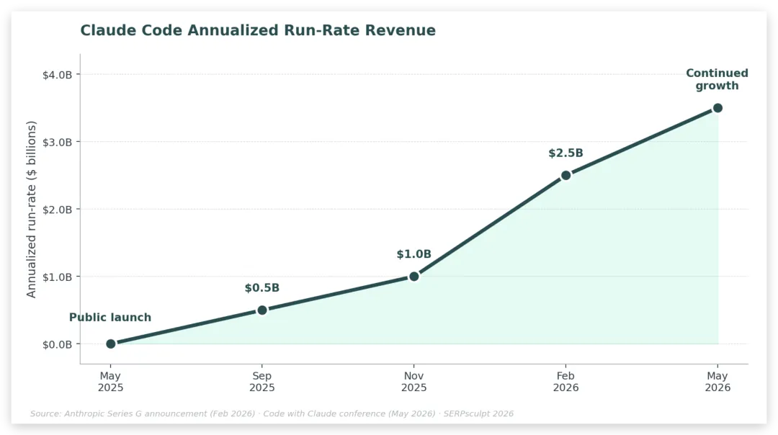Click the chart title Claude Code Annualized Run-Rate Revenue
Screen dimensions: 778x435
[x=258, y=30]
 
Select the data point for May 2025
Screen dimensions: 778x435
[x=111, y=344]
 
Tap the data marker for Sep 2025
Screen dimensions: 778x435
[x=262, y=310]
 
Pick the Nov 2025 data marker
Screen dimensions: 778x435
[x=413, y=277]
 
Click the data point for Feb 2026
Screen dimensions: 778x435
[x=565, y=175]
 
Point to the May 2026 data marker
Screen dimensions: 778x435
[x=717, y=108]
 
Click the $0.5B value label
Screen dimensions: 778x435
[x=262, y=287]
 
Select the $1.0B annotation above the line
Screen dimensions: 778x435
[x=413, y=254]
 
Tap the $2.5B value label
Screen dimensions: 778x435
[x=565, y=153]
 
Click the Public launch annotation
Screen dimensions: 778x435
[x=110, y=318]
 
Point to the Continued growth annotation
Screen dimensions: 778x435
[x=717, y=79]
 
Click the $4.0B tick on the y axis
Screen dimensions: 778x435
[x=57, y=75]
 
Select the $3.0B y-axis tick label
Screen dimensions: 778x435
[x=57, y=143]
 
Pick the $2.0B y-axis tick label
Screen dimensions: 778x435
[x=57, y=210]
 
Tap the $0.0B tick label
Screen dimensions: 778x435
[x=57, y=344]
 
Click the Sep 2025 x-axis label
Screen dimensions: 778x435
[x=262, y=382]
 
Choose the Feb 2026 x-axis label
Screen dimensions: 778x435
[x=565, y=382]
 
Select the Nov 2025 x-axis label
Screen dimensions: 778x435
[x=413, y=382]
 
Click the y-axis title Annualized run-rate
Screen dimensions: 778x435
[x=31, y=210]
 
